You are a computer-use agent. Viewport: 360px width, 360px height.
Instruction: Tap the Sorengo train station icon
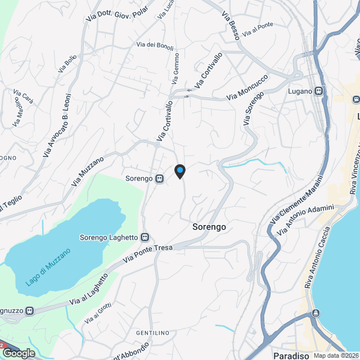coord(160,179)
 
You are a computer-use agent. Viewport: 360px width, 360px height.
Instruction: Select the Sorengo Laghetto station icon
coord(145,237)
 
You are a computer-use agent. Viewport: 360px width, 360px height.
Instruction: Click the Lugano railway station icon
coord(319,91)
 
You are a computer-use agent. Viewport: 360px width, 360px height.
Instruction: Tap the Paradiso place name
coord(291,355)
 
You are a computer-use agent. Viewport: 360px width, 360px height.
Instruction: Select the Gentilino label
coord(152,333)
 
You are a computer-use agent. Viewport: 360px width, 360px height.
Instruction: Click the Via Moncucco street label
coord(247,89)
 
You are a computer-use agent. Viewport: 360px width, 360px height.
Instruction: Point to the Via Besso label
coord(231,25)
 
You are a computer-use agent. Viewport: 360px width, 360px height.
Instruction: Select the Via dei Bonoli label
coord(155,46)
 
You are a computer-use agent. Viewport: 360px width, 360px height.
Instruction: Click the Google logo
coord(19,353)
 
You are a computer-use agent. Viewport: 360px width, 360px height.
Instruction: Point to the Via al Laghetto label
coord(88,290)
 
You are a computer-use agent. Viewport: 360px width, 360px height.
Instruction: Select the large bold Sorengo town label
coord(209,227)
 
